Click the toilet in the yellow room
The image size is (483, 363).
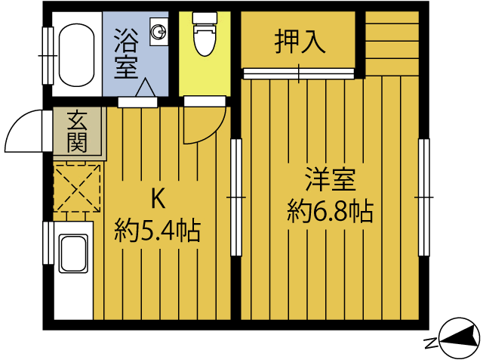tap(204, 37)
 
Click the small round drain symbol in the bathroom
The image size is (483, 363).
tap(159, 32)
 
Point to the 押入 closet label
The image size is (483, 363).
tap(300, 42)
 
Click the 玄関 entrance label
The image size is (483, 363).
tap(78, 131)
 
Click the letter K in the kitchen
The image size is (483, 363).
tap(158, 198)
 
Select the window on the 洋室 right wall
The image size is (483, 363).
tap(424, 197)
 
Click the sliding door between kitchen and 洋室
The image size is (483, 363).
tap(236, 197)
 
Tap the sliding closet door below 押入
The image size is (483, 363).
tap(299, 73)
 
